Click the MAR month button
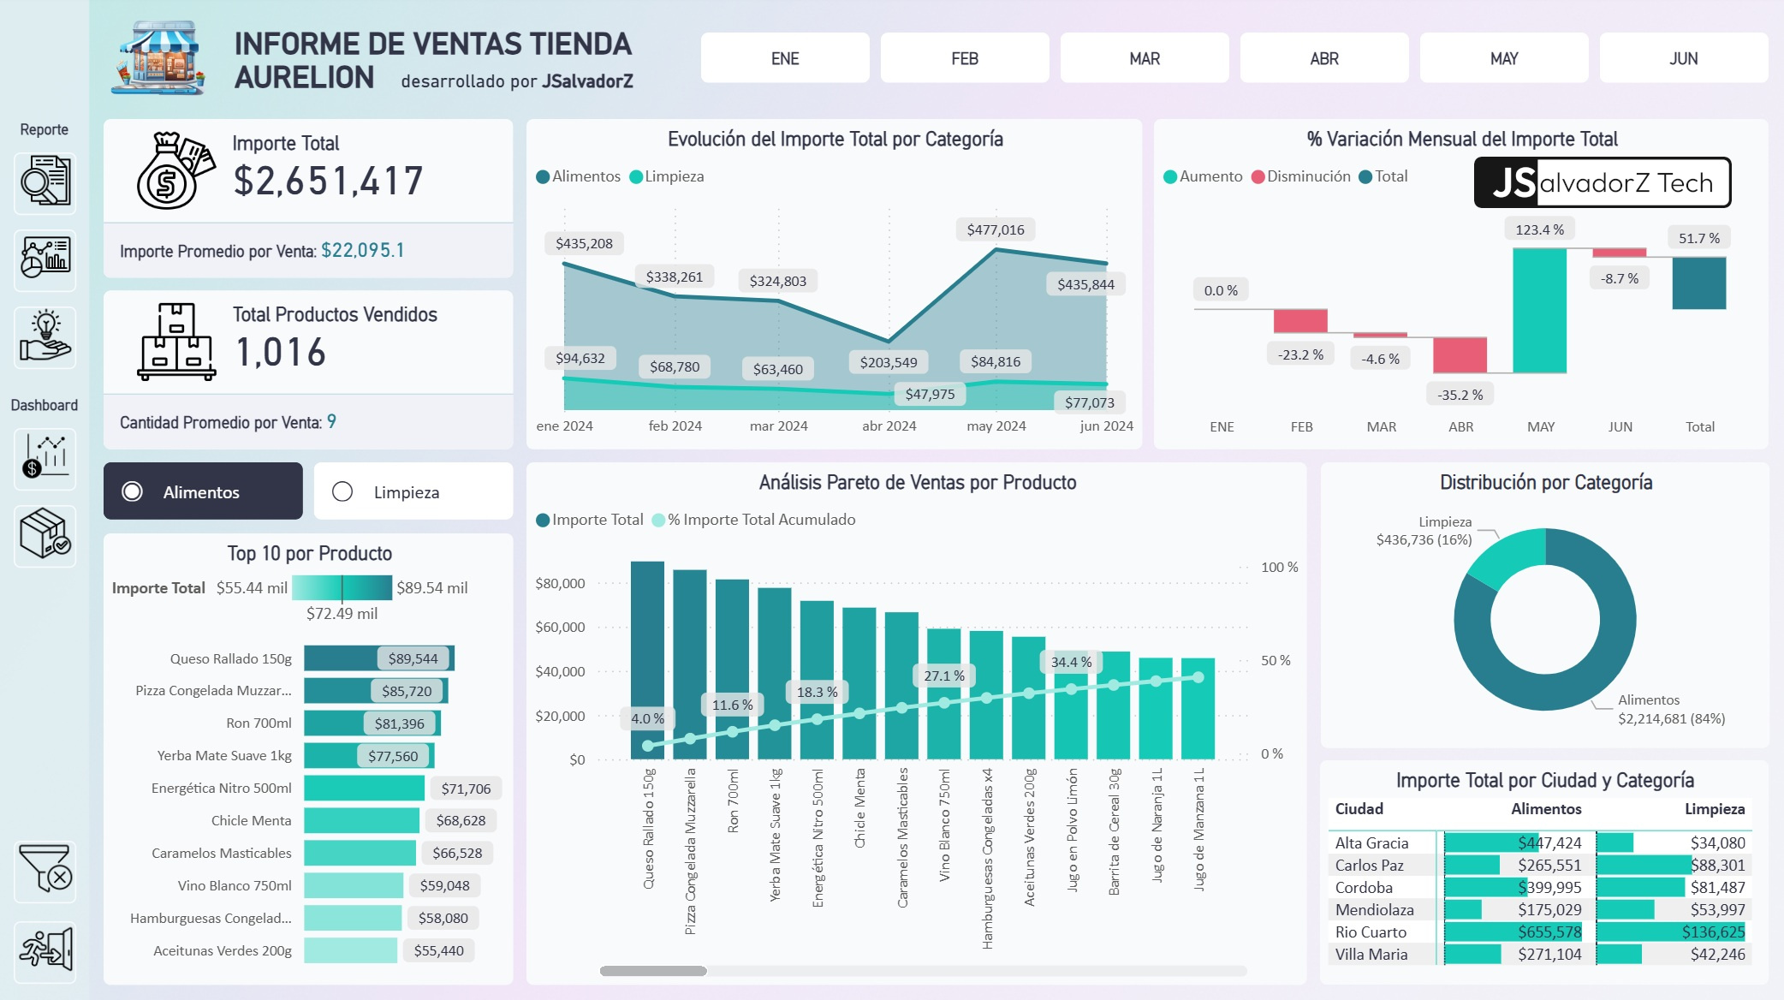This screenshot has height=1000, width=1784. tap(1144, 58)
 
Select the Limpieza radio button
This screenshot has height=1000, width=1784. tap(342, 491)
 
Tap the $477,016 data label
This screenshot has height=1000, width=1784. tap(995, 229)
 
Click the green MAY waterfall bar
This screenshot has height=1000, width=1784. tap(1539, 310)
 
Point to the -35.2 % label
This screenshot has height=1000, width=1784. tap(1460, 395)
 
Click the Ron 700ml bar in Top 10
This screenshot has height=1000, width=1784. tap(372, 723)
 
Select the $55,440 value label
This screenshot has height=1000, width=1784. tap(438, 950)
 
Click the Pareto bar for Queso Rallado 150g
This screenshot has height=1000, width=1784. tap(647, 659)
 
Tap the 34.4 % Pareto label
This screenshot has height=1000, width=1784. tap(1070, 662)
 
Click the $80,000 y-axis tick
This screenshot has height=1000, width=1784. tap(560, 583)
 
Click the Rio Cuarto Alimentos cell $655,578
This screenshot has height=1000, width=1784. tap(1549, 932)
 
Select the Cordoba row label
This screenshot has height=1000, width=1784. tap(1363, 887)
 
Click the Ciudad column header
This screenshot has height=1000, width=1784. tap(1359, 808)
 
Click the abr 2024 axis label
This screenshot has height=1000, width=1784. tap(889, 426)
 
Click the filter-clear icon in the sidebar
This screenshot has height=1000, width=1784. tap(45, 870)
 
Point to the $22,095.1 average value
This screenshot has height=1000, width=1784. tap(362, 250)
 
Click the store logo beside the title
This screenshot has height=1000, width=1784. tap(158, 58)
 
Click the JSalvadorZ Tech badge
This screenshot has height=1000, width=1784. tap(1602, 182)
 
